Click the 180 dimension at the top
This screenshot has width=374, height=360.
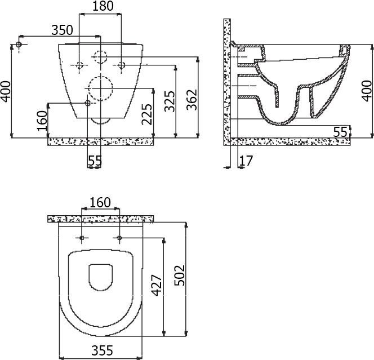click(102, 7)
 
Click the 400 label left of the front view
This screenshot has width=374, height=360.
click(6, 90)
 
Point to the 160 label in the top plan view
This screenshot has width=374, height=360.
click(101, 202)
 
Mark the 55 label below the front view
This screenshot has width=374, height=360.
click(95, 161)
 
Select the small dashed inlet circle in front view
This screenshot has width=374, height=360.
click(101, 57)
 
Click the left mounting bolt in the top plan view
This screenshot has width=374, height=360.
click(82, 238)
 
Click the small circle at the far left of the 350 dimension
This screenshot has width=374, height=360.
click(19, 45)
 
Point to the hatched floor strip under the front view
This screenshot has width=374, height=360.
click(101, 141)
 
